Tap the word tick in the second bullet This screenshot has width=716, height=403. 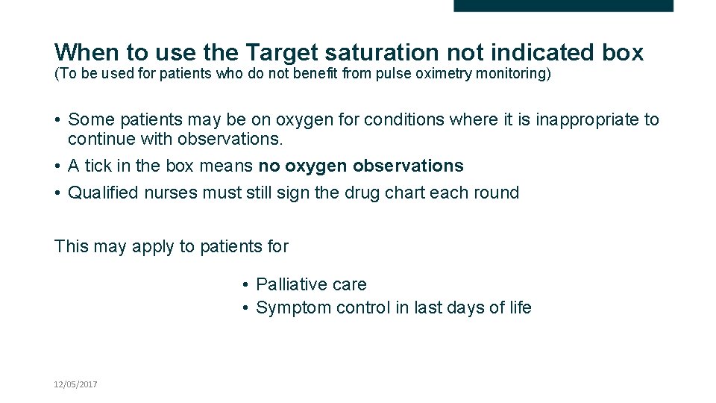tap(97, 166)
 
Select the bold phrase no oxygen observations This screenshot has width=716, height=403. tap(361, 166)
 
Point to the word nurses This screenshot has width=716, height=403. tap(171, 193)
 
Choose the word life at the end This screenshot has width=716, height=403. tap(518, 308)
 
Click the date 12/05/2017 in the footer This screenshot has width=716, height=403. tap(75, 384)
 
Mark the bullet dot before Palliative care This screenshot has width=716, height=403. tap(245, 285)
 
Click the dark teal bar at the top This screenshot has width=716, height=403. tap(563, 5)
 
